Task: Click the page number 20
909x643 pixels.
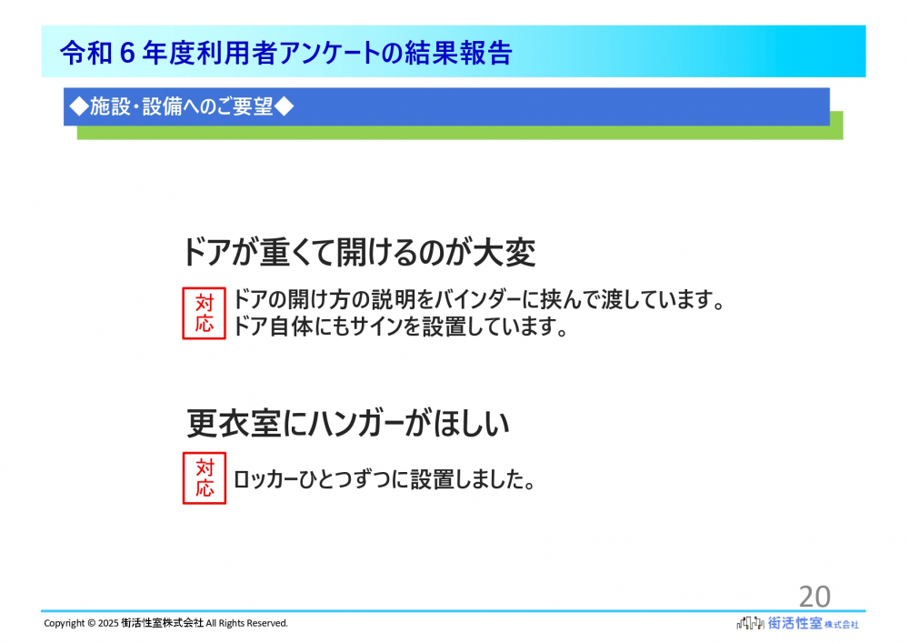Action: (814, 596)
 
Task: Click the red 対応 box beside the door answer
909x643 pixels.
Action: (204, 313)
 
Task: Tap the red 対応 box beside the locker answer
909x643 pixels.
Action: (204, 478)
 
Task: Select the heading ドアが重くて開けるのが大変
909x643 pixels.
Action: (359, 253)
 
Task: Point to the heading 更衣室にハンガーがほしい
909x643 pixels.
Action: (348, 423)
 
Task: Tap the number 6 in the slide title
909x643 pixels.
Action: (127, 53)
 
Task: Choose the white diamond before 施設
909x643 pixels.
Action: (79, 106)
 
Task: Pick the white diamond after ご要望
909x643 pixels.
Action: (284, 106)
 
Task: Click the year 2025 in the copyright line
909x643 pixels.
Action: (108, 623)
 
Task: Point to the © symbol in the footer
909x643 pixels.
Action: (92, 623)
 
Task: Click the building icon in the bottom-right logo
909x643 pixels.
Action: (750, 623)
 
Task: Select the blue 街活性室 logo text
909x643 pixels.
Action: (794, 623)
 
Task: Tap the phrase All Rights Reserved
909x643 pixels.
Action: (247, 623)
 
